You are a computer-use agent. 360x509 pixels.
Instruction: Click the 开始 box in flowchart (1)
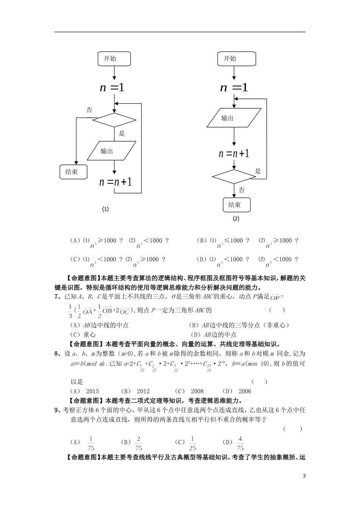click(114, 59)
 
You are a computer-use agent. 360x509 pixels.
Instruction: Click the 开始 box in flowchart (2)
click(236, 59)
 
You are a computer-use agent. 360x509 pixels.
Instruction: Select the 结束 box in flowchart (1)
click(74, 172)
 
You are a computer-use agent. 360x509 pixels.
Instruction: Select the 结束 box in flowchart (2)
click(236, 205)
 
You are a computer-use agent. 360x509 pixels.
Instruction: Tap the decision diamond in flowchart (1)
click(114, 120)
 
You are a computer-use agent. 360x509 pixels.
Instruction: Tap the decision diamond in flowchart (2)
click(234, 176)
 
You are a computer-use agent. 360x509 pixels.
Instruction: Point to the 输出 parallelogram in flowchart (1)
click(111, 151)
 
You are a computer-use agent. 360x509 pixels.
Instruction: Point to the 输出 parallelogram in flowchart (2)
click(234, 118)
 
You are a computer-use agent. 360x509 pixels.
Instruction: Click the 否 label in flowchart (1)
click(89, 110)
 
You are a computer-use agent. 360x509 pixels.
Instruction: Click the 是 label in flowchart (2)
click(258, 171)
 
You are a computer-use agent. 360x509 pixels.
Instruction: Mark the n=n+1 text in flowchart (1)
click(116, 182)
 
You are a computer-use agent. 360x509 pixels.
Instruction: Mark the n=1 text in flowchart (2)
click(234, 88)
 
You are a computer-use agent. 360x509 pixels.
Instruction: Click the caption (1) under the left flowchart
click(105, 209)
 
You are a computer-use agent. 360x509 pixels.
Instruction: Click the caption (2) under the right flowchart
click(236, 219)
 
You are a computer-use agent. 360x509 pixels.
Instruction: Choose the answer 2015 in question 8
click(92, 391)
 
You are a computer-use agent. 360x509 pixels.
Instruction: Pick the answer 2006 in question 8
click(244, 391)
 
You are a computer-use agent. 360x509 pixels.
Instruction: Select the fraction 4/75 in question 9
click(240, 443)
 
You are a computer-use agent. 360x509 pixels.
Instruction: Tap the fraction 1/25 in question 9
click(193, 443)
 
